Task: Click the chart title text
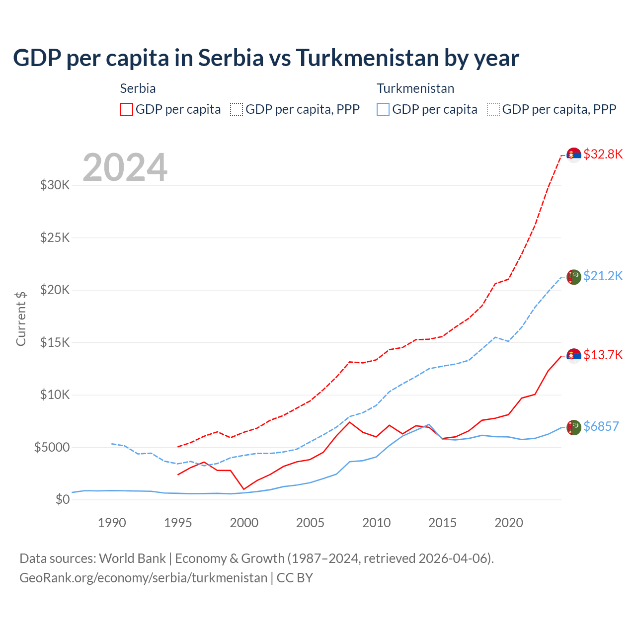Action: tap(266, 58)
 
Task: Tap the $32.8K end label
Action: tap(603, 154)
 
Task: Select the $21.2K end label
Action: tap(603, 276)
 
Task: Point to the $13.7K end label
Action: tap(603, 355)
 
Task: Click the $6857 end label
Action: tap(601, 426)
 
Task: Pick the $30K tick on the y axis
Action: tap(55, 185)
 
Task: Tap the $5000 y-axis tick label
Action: tap(52, 447)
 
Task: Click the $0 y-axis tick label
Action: tap(62, 499)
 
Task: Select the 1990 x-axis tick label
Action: tap(112, 523)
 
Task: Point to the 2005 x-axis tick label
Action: tap(310, 523)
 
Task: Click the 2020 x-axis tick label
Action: tap(509, 523)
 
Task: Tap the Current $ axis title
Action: tap(21, 318)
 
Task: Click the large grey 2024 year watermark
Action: tap(125, 167)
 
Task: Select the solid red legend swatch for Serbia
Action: tap(127, 109)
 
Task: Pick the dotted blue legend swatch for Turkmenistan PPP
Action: tap(493, 109)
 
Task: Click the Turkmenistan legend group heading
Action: tap(415, 88)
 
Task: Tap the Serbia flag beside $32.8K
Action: tap(574, 155)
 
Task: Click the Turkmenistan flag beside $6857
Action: tap(574, 427)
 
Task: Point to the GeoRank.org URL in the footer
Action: tap(143, 578)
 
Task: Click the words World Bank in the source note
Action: tap(132, 558)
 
